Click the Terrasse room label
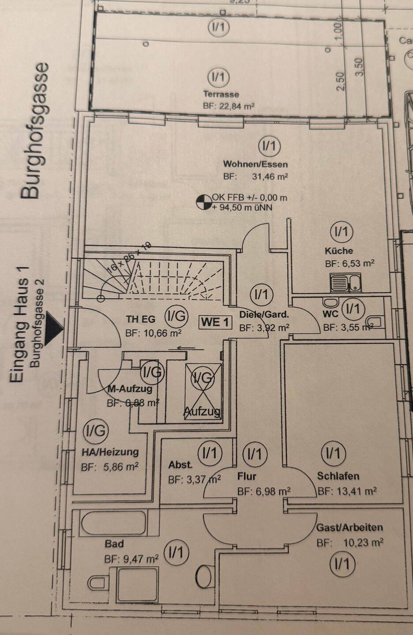pyautogui.click(x=221, y=94)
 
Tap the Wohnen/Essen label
pyautogui.click(x=255, y=164)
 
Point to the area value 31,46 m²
pyautogui.click(x=270, y=177)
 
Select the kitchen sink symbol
pyautogui.click(x=345, y=283)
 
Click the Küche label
pyautogui.click(x=339, y=250)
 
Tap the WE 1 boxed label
pyautogui.click(x=215, y=322)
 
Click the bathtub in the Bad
pyautogui.click(x=114, y=523)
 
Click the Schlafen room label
pyautogui.click(x=338, y=476)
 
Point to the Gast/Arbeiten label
pyautogui.click(x=349, y=527)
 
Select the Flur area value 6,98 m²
pyautogui.click(x=263, y=491)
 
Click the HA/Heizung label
pyautogui.click(x=110, y=452)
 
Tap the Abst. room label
pyautogui.click(x=180, y=464)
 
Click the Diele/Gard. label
pyautogui.click(x=264, y=314)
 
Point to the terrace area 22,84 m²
pyautogui.click(x=229, y=106)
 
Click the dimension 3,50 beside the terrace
pyautogui.click(x=359, y=67)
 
